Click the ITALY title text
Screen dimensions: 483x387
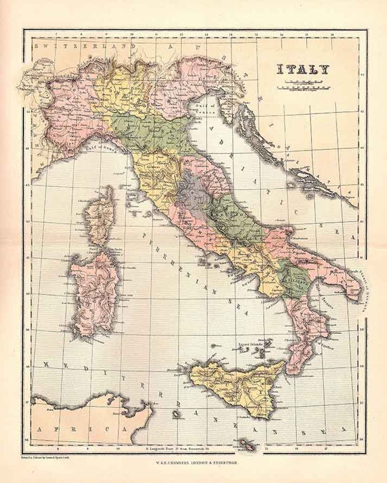point(303,70)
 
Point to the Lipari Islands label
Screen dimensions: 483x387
point(250,343)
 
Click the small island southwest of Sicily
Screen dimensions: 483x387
point(175,414)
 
